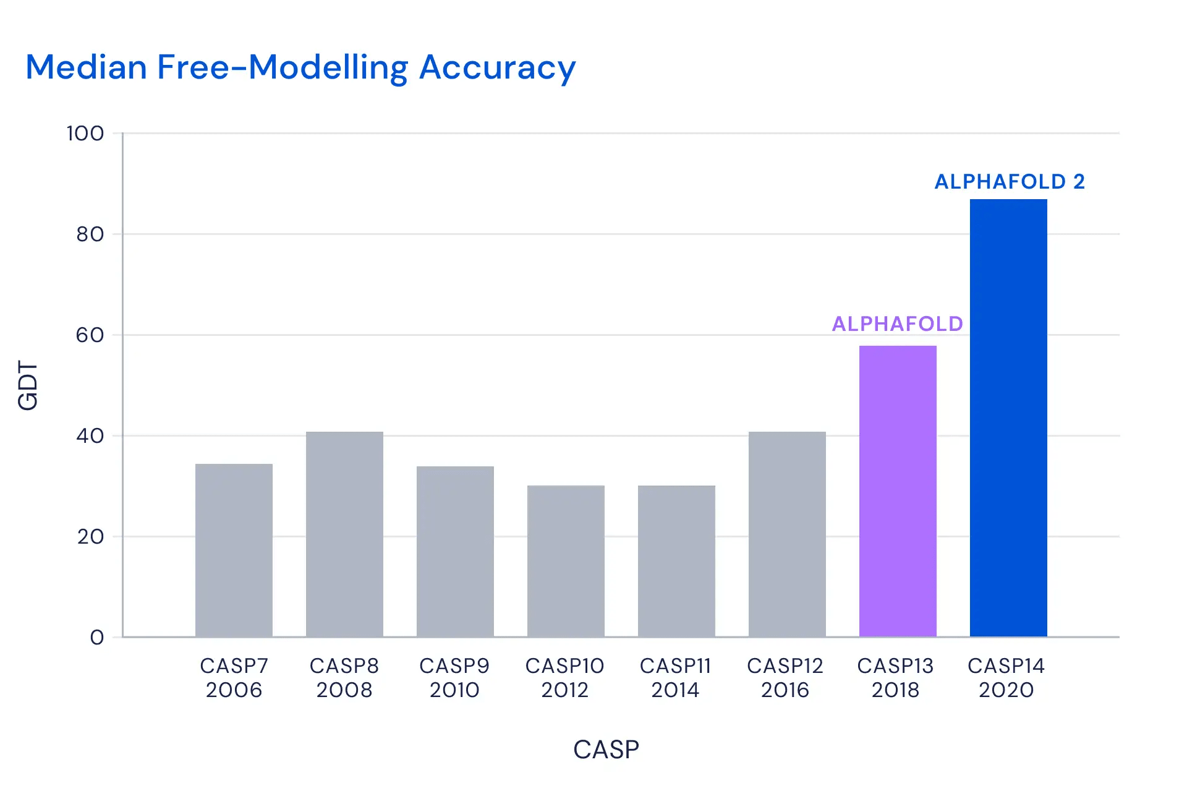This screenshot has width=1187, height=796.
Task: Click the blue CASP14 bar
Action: click(1008, 417)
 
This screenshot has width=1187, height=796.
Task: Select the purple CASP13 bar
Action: click(898, 491)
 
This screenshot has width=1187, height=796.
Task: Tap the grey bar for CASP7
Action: click(234, 550)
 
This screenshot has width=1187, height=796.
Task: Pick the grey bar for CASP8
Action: click(344, 534)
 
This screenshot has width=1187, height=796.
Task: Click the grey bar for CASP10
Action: click(566, 561)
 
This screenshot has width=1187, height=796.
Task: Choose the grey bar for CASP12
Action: click(787, 534)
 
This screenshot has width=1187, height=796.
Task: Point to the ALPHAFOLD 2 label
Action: click(1010, 182)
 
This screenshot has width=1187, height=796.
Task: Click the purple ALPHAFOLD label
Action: click(897, 324)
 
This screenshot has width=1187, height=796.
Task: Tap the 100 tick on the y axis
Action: click(85, 134)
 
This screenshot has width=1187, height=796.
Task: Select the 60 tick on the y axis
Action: click(90, 335)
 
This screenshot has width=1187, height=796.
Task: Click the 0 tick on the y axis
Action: click(97, 638)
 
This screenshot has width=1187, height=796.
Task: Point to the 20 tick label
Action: click(90, 537)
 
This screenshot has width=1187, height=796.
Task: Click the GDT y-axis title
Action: click(28, 386)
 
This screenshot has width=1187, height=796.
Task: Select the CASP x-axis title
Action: click(606, 750)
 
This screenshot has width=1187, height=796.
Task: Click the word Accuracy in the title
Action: click(497, 68)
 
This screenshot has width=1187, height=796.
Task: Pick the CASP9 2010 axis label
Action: click(454, 678)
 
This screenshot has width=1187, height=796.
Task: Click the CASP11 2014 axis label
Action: click(675, 678)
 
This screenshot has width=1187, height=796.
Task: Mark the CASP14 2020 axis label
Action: click(1006, 678)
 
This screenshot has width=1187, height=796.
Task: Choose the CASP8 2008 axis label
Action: click(344, 678)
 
